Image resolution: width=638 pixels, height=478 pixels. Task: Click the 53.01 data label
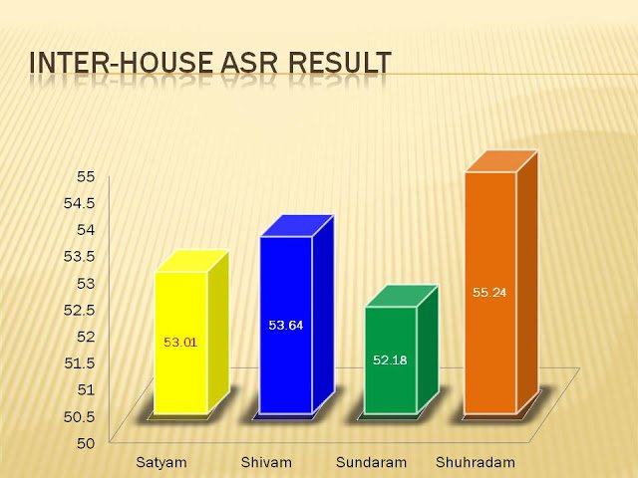click(x=180, y=343)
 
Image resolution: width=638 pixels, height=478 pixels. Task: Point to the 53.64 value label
click(x=286, y=326)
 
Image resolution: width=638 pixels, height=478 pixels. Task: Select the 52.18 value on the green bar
click(x=390, y=360)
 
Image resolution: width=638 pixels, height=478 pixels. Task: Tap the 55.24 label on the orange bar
click(x=489, y=293)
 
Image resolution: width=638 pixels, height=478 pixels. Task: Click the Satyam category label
click(x=161, y=462)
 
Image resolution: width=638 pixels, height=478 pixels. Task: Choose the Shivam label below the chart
click(x=266, y=462)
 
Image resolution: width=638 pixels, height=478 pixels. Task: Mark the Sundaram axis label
click(x=372, y=462)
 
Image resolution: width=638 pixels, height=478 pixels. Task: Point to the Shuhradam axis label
click(x=476, y=462)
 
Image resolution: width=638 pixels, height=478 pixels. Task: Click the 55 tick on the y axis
click(x=86, y=177)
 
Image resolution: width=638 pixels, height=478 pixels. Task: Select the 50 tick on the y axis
click(x=86, y=443)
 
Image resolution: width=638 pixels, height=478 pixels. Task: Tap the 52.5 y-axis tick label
click(x=80, y=310)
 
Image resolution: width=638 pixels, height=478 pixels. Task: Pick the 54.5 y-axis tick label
click(x=80, y=203)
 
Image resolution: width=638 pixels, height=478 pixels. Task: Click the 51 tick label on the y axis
click(x=86, y=389)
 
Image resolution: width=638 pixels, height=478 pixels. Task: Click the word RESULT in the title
click(x=340, y=62)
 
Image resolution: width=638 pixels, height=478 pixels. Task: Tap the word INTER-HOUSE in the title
click(x=121, y=62)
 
